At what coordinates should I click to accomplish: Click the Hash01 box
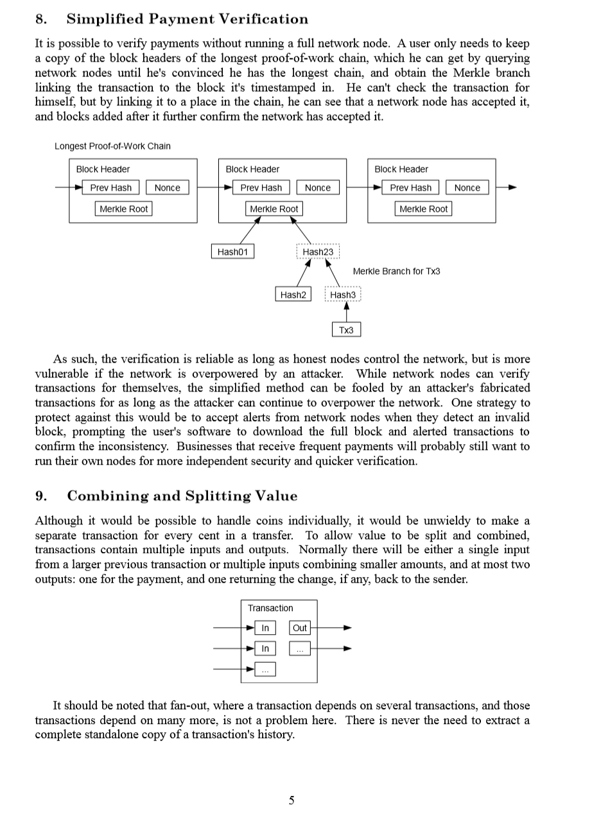coord(232,252)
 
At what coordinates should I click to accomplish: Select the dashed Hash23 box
coord(318,252)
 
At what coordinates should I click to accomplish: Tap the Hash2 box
coord(293,295)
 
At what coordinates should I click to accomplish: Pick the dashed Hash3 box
coord(343,295)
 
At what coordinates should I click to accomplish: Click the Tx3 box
coord(346,330)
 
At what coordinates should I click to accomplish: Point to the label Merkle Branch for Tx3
coord(396,272)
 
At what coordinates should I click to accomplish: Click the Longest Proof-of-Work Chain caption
coord(112,146)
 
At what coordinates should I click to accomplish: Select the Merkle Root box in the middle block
coord(274,209)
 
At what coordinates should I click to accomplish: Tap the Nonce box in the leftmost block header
coord(167,187)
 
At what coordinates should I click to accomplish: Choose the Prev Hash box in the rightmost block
coord(410,187)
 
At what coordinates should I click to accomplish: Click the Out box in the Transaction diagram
coord(300,628)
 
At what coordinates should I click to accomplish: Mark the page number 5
coord(292,800)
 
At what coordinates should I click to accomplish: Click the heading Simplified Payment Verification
coord(187,19)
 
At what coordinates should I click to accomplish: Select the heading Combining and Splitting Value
coord(182,496)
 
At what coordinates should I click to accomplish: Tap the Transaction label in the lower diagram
coord(270,608)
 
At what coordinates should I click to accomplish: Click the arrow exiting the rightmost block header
coord(507,187)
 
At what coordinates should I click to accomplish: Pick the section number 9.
coord(40,496)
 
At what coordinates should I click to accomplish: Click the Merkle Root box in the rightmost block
coord(423,209)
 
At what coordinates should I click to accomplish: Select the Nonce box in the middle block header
coord(317,187)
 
